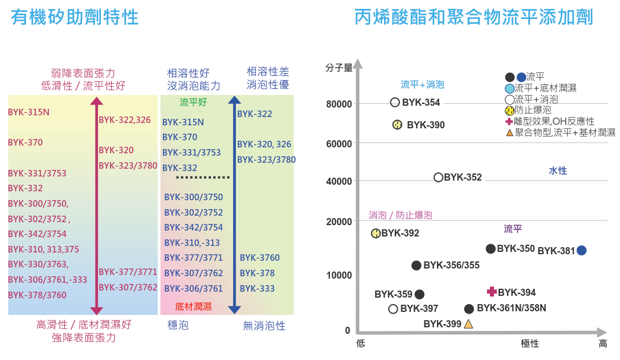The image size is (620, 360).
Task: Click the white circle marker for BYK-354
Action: [395, 102]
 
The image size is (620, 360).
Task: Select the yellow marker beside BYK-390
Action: [398, 125]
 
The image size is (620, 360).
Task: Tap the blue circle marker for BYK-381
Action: [582, 250]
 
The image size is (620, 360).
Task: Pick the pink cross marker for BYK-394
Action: [492, 292]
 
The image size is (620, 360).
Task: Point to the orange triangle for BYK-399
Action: [468, 324]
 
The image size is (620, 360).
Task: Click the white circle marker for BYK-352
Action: [439, 177]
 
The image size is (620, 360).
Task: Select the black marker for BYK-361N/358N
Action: [469, 308]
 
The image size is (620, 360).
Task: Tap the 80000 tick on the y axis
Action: [339, 105]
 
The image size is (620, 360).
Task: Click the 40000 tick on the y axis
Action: [339, 181]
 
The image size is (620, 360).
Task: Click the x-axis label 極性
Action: [530, 343]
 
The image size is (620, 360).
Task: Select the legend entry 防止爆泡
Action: [532, 110]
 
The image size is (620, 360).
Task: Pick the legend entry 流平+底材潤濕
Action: [545, 88]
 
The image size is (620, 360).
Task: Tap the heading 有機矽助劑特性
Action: [75, 17]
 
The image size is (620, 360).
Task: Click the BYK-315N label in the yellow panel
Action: [29, 112]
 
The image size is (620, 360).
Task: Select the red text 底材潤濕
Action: [193, 307]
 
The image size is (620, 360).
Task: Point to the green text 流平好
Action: [193, 102]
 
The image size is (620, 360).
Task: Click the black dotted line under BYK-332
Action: [203, 178]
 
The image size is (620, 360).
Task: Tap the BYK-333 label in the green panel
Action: [257, 289]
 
